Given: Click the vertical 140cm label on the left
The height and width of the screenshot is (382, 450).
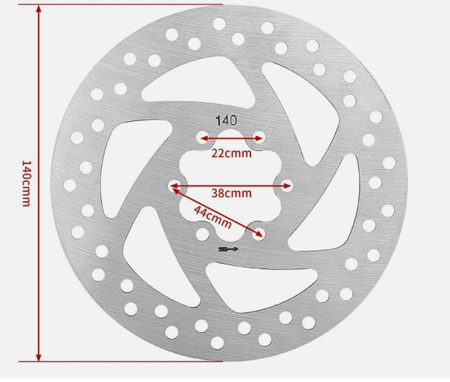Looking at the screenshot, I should point(26,184).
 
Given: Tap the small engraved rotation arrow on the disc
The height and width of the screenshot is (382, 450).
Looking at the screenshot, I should point(229,248).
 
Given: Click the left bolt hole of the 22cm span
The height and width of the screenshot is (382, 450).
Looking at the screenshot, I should point(202,138).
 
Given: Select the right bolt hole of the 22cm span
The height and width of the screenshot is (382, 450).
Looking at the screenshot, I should point(260,138).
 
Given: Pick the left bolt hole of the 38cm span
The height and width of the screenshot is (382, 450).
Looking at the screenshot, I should point(173,186).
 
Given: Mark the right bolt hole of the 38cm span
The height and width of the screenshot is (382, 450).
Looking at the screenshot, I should point(287,186).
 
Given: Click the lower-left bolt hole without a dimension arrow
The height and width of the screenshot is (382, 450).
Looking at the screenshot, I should point(202,234).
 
